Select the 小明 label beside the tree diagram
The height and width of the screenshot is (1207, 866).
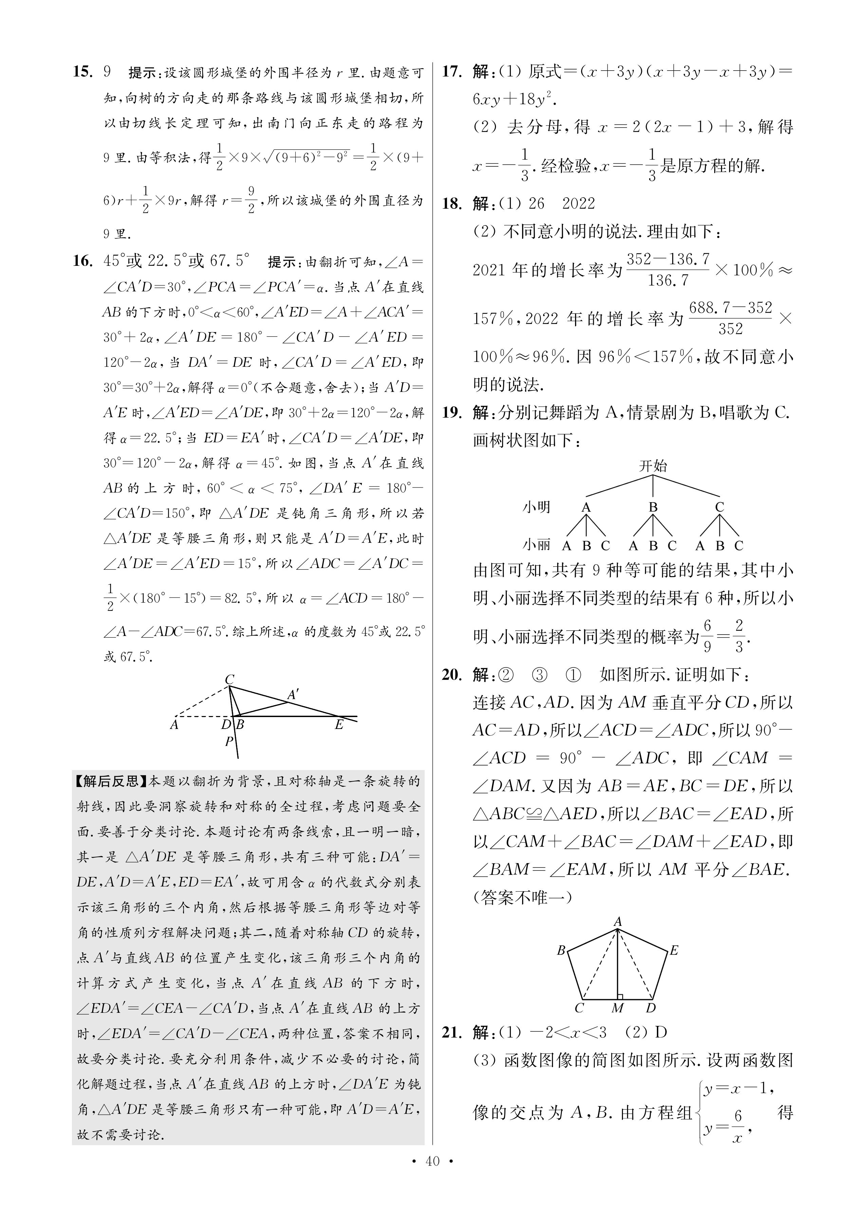(536, 507)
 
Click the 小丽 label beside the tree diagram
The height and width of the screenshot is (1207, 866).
(536, 545)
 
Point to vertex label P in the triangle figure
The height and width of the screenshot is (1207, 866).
(229, 741)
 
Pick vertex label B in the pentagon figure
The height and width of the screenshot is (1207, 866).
(561, 950)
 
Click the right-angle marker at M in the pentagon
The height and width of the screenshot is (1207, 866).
(620, 995)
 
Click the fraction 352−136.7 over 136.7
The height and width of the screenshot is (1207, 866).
(668, 269)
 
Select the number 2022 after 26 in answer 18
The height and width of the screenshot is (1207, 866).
(578, 203)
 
